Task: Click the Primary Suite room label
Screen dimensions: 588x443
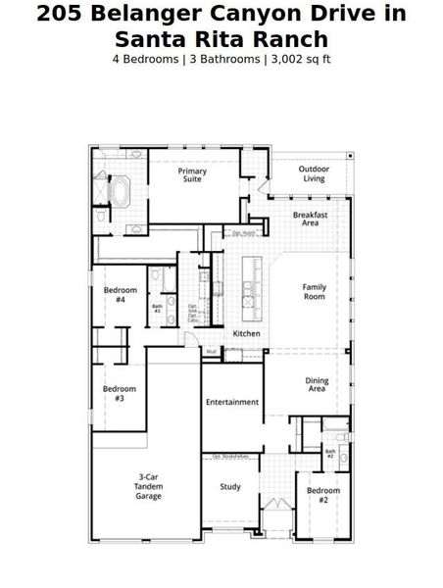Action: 192,175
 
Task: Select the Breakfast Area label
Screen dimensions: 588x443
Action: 311,219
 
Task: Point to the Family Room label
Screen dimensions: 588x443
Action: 314,291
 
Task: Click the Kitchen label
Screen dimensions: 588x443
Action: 246,334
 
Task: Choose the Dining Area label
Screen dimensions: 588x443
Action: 316,385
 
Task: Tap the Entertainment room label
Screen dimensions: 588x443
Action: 232,402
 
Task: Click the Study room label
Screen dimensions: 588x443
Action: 230,486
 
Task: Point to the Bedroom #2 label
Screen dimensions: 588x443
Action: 322,494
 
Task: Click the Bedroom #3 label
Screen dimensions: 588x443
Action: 120,393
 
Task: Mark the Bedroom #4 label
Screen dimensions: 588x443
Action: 120,295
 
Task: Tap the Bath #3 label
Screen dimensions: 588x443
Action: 157,309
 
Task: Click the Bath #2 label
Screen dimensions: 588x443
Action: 330,454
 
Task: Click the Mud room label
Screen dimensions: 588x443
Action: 211,351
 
